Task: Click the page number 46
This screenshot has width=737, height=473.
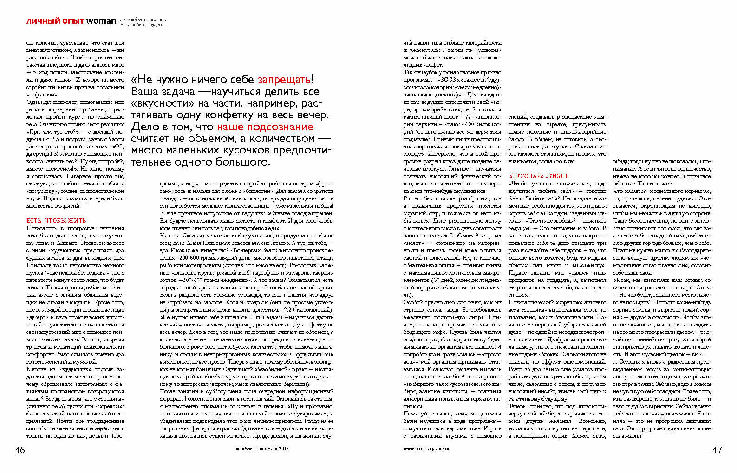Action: (20, 450)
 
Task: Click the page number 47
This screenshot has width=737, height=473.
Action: (717, 450)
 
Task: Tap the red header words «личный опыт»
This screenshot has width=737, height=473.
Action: (55, 21)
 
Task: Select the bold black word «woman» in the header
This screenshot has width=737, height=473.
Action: (101, 21)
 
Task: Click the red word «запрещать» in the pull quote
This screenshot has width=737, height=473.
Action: (284, 80)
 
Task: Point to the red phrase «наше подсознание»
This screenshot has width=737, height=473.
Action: (265, 127)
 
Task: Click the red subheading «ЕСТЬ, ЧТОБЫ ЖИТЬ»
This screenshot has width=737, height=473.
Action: (56, 221)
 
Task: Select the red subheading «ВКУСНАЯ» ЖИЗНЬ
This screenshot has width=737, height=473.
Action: (539, 176)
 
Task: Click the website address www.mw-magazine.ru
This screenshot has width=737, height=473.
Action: (426, 449)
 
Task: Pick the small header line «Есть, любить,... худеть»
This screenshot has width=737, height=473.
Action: (142, 25)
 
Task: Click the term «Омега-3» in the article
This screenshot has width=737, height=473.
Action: (465, 236)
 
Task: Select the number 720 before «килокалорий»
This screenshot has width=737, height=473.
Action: (470, 117)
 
